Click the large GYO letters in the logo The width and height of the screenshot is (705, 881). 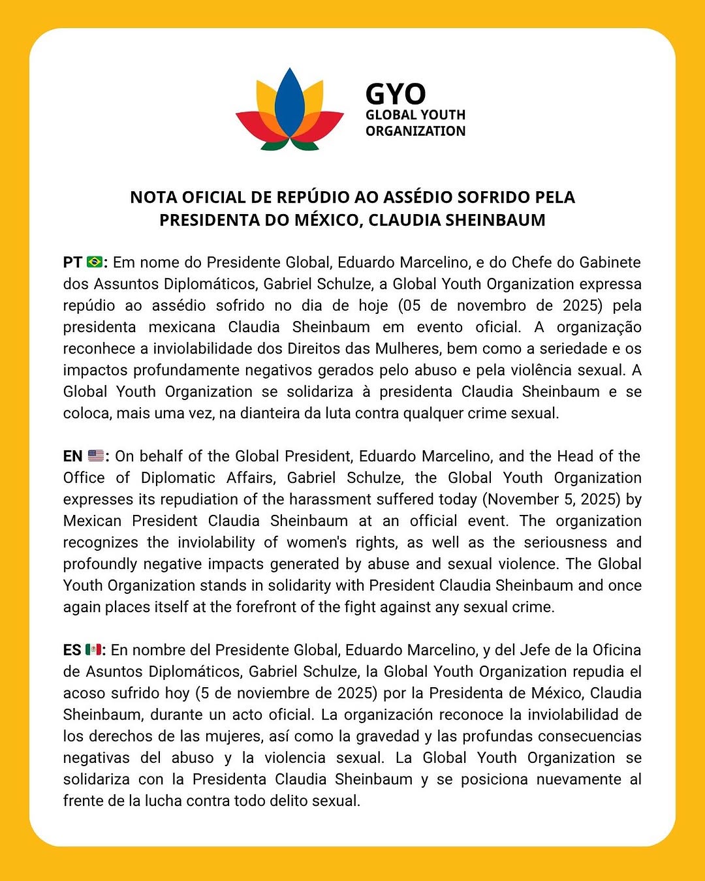pyautogui.click(x=396, y=94)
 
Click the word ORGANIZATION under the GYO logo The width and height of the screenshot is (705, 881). pyautogui.click(x=415, y=131)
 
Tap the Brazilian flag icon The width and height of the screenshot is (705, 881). pyautogui.click(x=95, y=262)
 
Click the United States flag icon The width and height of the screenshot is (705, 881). pyautogui.click(x=95, y=456)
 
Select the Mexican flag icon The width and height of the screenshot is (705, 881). pyautogui.click(x=93, y=650)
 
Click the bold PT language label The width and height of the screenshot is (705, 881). pyautogui.click(x=72, y=262)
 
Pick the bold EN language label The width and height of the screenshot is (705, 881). pyautogui.click(x=72, y=456)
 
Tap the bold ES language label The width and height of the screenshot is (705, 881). pyautogui.click(x=72, y=650)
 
